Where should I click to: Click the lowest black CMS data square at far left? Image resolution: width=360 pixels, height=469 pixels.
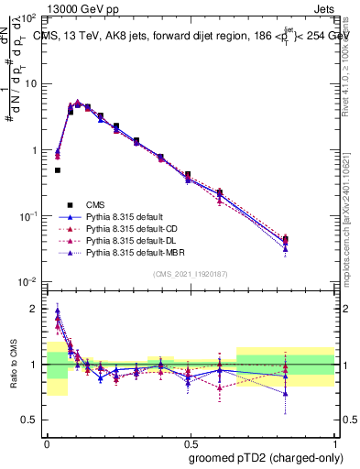pos(57,170)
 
